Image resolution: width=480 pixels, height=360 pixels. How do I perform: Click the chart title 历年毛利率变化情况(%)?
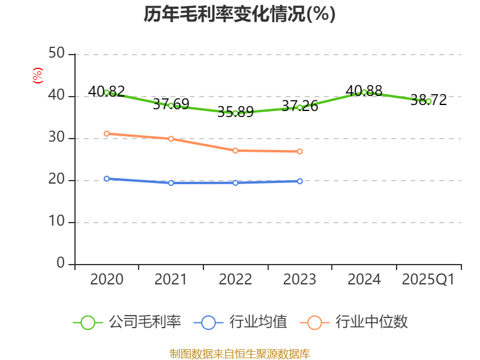[x=239, y=14]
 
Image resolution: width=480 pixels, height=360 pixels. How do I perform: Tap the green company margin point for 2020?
[x=107, y=92]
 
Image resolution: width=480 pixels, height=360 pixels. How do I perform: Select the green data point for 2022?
[x=235, y=113]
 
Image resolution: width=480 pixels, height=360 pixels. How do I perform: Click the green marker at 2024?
[x=364, y=92]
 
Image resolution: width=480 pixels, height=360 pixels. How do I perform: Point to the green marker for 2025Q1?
[x=428, y=101]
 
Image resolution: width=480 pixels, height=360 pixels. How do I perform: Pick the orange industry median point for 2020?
[x=107, y=133]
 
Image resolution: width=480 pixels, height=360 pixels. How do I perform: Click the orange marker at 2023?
[x=299, y=151]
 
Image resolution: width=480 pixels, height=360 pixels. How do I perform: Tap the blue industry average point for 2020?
[x=107, y=178]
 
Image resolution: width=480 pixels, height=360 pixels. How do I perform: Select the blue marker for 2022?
[x=235, y=182]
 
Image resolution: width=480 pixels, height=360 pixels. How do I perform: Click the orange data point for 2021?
[x=171, y=139]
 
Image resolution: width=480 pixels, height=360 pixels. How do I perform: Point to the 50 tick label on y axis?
[x=57, y=54]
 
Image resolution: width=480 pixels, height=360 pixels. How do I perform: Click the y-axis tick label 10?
[x=57, y=222]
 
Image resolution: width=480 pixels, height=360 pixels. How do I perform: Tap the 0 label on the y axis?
[x=61, y=264]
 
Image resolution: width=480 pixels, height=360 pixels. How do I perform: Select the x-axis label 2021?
[x=171, y=280]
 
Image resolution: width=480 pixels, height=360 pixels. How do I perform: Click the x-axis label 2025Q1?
[x=428, y=280]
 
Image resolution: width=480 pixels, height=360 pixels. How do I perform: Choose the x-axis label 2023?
[x=299, y=280]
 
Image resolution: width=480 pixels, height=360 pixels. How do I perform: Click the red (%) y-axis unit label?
[x=38, y=76]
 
